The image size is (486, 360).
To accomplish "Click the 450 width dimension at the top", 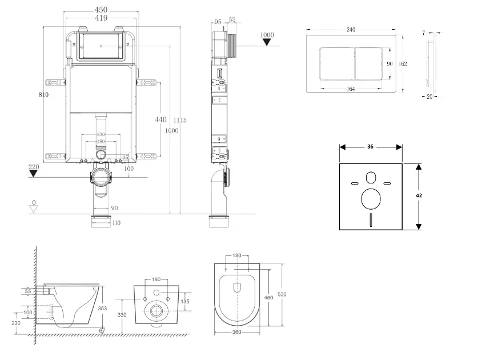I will click(x=101, y=10).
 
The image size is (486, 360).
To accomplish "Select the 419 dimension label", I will click(x=101, y=18).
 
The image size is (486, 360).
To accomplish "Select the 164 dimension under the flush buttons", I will click(x=351, y=89).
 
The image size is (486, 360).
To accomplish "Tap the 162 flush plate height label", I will click(x=403, y=63).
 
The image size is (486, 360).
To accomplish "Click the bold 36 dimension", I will click(x=370, y=147).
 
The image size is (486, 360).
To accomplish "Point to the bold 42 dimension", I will click(x=419, y=195).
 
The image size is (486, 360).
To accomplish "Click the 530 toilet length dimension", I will click(x=282, y=294).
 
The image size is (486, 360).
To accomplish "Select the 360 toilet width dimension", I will click(x=236, y=332).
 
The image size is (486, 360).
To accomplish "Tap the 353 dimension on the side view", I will click(x=103, y=308).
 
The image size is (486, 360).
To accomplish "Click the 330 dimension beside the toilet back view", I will click(x=122, y=315).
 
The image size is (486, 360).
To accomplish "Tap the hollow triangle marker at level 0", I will click(x=34, y=209).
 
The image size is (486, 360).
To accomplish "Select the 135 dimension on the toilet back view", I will click(x=186, y=302).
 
